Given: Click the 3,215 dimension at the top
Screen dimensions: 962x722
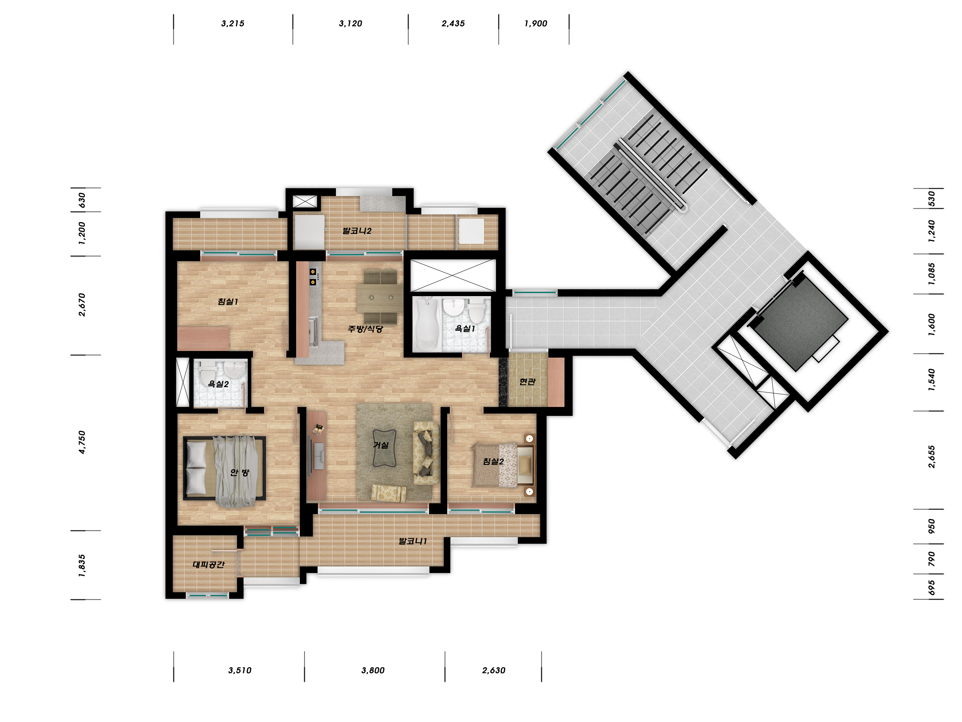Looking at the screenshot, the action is [233, 23].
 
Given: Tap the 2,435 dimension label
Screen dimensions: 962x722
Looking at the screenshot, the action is [453, 23].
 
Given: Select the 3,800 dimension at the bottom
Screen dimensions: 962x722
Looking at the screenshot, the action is [373, 670].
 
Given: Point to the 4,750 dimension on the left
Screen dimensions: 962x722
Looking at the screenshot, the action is [82, 442].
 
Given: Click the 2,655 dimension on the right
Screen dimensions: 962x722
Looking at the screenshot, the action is [932, 457].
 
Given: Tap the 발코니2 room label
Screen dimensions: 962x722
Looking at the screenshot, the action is [357, 231].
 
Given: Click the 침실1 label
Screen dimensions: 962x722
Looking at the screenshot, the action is [228, 302].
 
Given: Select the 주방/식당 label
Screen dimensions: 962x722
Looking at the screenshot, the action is [365, 329].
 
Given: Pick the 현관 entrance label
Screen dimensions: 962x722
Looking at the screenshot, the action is [527, 382].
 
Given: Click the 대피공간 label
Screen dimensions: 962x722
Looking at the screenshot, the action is [209, 565].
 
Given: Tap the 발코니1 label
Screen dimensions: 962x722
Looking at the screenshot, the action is [413, 541].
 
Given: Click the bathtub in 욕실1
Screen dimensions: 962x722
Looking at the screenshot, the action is [426, 324].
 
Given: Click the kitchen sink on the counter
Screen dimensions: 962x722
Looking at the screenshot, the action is [314, 332].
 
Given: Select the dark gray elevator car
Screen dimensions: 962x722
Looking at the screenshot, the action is [801, 324].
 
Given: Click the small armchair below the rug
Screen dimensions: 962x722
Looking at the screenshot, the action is [388, 493].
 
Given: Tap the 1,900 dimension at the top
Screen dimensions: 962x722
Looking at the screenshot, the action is [535, 23].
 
